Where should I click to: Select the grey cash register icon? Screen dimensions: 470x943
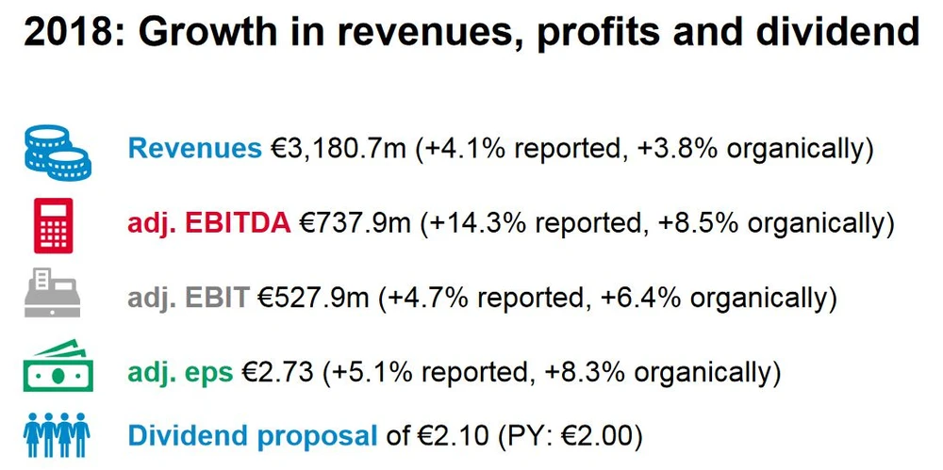coord(53,295)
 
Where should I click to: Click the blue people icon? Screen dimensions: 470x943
coord(56,434)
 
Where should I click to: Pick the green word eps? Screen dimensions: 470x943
coord(208,372)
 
